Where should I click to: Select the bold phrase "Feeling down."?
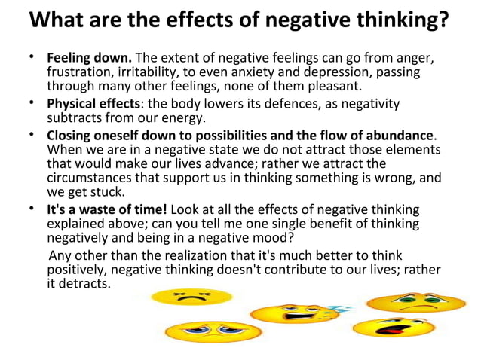pyautogui.click(x=90, y=58)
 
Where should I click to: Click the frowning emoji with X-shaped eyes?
pyautogui.click(x=181, y=297)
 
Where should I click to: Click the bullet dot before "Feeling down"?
pyautogui.click(x=32, y=58)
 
